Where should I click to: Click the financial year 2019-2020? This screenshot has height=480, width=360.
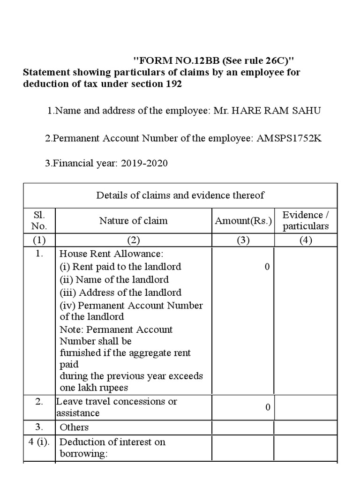click(x=144, y=164)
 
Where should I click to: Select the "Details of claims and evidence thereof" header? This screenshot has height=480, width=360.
click(x=180, y=195)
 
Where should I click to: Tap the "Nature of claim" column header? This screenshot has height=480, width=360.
click(x=133, y=220)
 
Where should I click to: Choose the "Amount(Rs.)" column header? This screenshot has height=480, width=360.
click(x=243, y=221)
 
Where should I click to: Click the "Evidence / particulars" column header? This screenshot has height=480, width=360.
click(x=306, y=220)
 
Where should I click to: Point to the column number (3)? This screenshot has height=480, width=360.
click(x=243, y=240)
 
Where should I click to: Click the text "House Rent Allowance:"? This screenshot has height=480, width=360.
click(x=111, y=254)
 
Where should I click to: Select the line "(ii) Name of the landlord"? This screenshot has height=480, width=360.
click(x=114, y=279)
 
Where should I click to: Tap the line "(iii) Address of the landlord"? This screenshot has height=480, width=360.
click(x=120, y=292)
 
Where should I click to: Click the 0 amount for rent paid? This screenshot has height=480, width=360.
click(x=267, y=267)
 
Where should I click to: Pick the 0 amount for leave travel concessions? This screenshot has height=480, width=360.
click(x=268, y=407)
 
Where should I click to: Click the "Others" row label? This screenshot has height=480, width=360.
click(x=74, y=427)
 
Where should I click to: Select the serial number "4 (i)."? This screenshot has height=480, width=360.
click(x=39, y=442)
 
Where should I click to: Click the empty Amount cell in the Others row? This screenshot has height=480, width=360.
click(x=243, y=427)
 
